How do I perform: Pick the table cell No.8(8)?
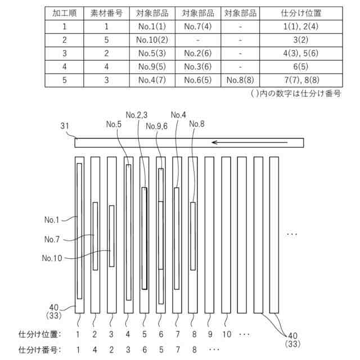[240, 80]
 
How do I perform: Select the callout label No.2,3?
[136, 115]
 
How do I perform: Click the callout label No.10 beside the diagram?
[53, 258]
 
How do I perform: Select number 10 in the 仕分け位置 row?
[226, 334]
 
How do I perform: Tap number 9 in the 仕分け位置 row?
[209, 334]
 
